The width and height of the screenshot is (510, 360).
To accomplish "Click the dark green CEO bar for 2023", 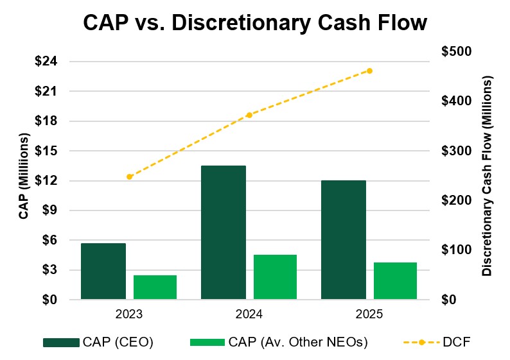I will pyautogui.click(x=103, y=271).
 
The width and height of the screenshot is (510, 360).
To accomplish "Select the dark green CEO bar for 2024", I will pyautogui.click(x=223, y=232).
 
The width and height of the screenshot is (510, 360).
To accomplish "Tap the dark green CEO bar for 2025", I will pyautogui.click(x=343, y=239).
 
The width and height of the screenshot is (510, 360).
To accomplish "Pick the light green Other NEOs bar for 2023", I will pyautogui.click(x=155, y=287).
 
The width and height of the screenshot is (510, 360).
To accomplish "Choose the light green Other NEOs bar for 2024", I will pyautogui.click(x=275, y=277).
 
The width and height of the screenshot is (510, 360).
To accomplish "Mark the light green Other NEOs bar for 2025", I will pyautogui.click(x=395, y=280).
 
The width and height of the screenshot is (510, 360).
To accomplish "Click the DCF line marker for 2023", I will pyautogui.click(x=129, y=176).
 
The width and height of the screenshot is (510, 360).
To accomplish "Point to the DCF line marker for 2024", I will pyautogui.click(x=249, y=115).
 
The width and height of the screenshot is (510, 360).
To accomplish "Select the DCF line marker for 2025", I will pyautogui.click(x=369, y=71).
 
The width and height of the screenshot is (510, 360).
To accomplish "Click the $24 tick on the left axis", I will pyautogui.click(x=47, y=62).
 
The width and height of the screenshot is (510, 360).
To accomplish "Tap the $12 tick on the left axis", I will pyautogui.click(x=47, y=181).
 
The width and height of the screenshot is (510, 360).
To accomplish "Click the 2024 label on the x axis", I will pyautogui.click(x=249, y=315).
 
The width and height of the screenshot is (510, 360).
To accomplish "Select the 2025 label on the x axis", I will pyautogui.click(x=369, y=315).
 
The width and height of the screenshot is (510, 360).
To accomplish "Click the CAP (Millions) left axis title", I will pyautogui.click(x=24, y=177).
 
